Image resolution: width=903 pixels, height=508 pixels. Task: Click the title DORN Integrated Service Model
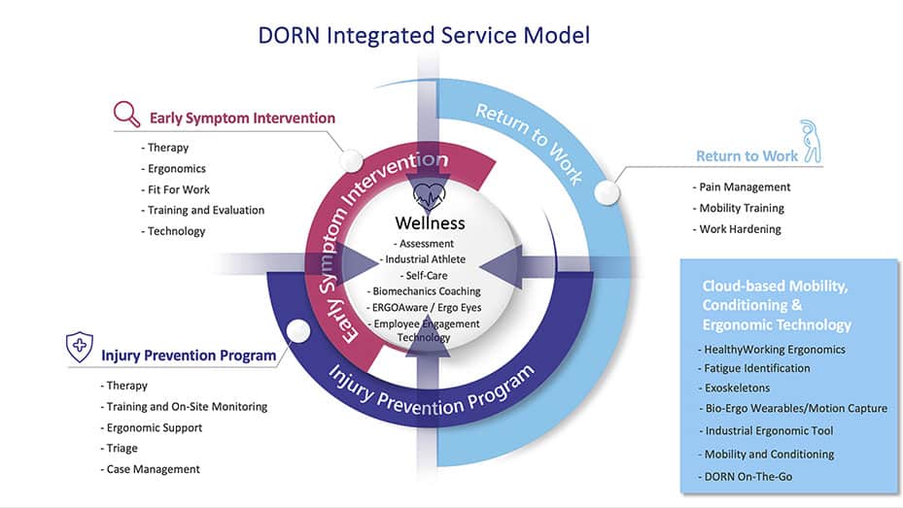[x=424, y=36]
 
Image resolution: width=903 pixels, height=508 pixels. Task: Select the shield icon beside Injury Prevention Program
[x=80, y=347]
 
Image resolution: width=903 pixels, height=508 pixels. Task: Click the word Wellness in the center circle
[x=430, y=223]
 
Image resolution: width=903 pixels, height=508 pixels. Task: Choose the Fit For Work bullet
[x=178, y=189]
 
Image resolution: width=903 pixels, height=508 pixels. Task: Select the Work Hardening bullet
[x=740, y=229]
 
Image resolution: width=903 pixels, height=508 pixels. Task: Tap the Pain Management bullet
[x=745, y=186]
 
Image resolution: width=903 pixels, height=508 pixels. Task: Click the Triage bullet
[x=122, y=448]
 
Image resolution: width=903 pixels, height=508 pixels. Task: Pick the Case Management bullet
[x=153, y=469]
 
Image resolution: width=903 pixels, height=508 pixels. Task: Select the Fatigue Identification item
[x=756, y=368]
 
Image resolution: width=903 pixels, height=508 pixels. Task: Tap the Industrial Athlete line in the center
[x=425, y=259]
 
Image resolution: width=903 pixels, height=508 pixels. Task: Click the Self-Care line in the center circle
[x=430, y=275]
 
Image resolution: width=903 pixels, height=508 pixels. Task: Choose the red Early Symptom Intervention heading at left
[x=242, y=119]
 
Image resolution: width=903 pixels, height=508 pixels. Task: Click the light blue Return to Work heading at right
[x=747, y=155]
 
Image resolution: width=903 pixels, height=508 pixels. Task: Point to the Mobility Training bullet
[x=741, y=208]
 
